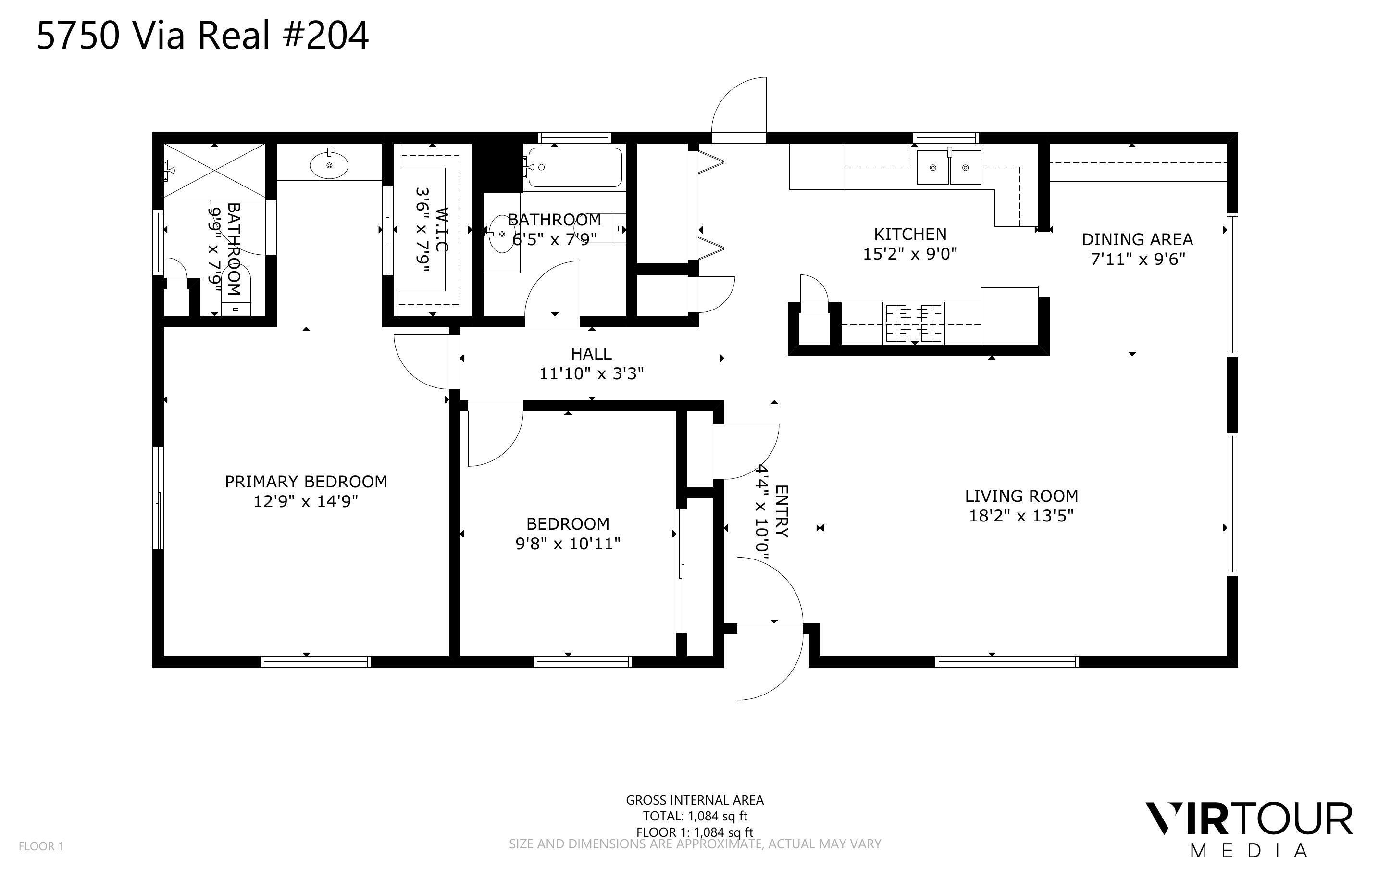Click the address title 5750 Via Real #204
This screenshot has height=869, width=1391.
[202, 35]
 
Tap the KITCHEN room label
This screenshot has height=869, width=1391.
[909, 234]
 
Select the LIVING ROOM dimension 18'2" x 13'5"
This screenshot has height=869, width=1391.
[1021, 516]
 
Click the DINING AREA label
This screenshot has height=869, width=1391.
[1137, 239]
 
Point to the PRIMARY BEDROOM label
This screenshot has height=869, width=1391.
[306, 481]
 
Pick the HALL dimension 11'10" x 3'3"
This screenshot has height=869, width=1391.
[591, 373]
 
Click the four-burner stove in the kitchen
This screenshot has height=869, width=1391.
[914, 323]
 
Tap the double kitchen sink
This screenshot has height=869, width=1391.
[949, 167]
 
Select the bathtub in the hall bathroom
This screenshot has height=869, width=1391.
[574, 167]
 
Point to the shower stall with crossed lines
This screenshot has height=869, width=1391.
[214, 171]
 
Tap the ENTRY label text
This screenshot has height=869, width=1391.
[782, 511]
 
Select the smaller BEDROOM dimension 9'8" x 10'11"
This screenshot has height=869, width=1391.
[568, 543]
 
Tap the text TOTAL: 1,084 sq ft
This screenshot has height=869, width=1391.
[694, 816]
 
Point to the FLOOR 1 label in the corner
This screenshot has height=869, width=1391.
[41, 846]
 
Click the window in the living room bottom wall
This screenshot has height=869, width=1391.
[1006, 661]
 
